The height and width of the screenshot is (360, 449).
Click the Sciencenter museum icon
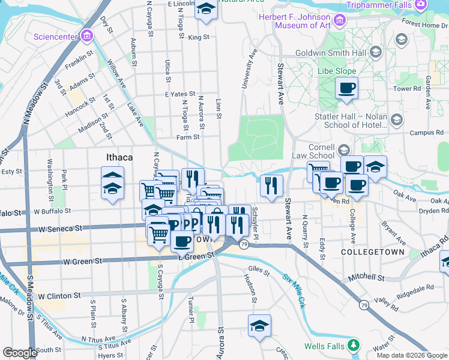coord(88,36)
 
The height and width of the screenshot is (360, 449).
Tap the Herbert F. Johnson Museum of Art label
coord(295,20)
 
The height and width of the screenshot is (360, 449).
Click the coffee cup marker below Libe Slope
coord(346,89)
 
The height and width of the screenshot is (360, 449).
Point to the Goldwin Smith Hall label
coord(331,52)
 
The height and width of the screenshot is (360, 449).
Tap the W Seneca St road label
coord(60,229)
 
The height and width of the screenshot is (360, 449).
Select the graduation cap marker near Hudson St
coord(259,326)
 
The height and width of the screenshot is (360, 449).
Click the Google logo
coord(20,353)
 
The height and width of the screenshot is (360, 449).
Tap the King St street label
coord(197,37)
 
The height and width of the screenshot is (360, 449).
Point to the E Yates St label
coord(181,94)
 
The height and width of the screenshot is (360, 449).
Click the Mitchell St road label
coord(367,278)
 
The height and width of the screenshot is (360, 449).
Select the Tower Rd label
coord(407,89)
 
